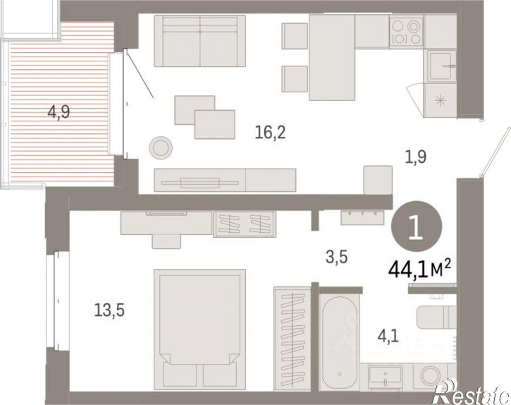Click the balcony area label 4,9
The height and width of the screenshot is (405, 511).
click(59, 113)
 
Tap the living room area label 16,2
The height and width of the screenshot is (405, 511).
click(270, 133)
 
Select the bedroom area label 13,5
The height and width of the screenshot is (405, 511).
click(109, 310)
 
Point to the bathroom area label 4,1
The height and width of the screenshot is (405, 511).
click(388, 336)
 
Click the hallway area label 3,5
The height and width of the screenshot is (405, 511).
click(337, 257)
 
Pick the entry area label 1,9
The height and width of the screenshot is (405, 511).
click(416, 157)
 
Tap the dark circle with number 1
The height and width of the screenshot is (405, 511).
click(417, 226)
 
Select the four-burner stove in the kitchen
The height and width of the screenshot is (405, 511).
click(406, 32)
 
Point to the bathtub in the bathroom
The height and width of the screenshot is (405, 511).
click(339, 342)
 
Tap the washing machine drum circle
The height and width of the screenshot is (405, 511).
click(431, 375)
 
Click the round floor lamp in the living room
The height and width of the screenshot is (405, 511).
click(161, 147)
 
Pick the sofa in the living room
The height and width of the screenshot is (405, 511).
click(199, 41)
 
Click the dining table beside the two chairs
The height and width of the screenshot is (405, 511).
click(332, 57)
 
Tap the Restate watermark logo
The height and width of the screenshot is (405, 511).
click(472, 392)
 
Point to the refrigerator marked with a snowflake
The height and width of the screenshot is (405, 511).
click(441, 100)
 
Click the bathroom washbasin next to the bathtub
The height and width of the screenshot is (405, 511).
click(386, 376)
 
